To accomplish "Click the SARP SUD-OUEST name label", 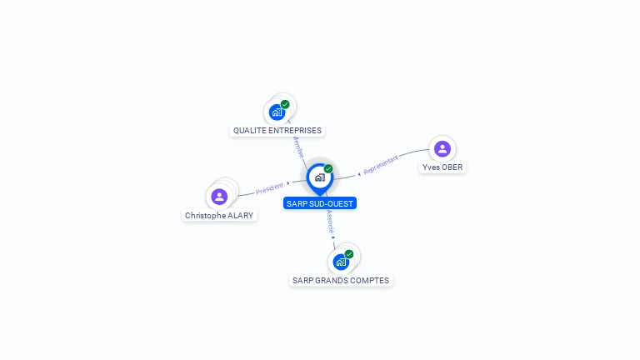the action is [x=320, y=203].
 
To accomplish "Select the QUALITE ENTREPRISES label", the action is [x=277, y=131].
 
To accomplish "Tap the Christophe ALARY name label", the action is [x=219, y=216].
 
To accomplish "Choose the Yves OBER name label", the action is [x=442, y=167].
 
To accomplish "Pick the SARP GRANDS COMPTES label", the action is [x=341, y=280].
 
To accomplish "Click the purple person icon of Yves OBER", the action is [x=442, y=149].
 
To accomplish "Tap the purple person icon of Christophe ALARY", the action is [x=219, y=197].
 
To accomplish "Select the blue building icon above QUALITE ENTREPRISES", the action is [x=277, y=112].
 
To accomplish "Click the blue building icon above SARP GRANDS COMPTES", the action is [x=341, y=262].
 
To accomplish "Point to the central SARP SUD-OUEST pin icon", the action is [x=320, y=178].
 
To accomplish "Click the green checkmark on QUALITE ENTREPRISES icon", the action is [x=285, y=104].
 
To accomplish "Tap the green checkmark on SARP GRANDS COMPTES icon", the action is [x=349, y=254].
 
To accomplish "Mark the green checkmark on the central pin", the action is [x=328, y=168].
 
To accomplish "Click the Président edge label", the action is [x=269, y=188].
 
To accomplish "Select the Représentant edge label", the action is [x=381, y=165].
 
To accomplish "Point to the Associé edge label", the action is [x=330, y=222].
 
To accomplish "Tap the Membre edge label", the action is [x=299, y=147].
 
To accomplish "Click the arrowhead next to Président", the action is [x=288, y=183].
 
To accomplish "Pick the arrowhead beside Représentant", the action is [x=359, y=174].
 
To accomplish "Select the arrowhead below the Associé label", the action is [x=333, y=237].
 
